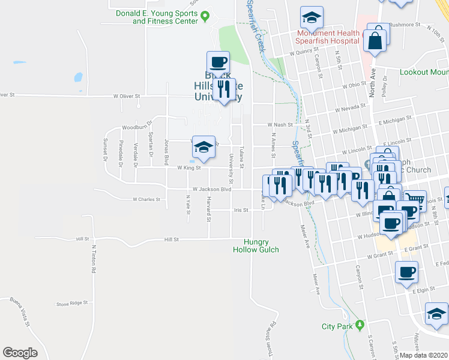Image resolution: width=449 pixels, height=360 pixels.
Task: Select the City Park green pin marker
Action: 360,326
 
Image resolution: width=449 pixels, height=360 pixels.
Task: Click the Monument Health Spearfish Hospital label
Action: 327,37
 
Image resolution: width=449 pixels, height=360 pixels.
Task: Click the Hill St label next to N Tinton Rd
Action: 83,239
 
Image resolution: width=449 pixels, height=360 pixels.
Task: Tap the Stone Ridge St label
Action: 72,304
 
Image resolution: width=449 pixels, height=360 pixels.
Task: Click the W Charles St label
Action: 147,199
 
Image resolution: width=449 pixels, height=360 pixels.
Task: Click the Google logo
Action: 20,353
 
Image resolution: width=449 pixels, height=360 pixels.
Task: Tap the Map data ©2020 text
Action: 424,355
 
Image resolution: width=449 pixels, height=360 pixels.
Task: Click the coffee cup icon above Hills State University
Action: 218,62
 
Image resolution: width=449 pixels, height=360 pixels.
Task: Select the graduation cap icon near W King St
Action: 204,148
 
